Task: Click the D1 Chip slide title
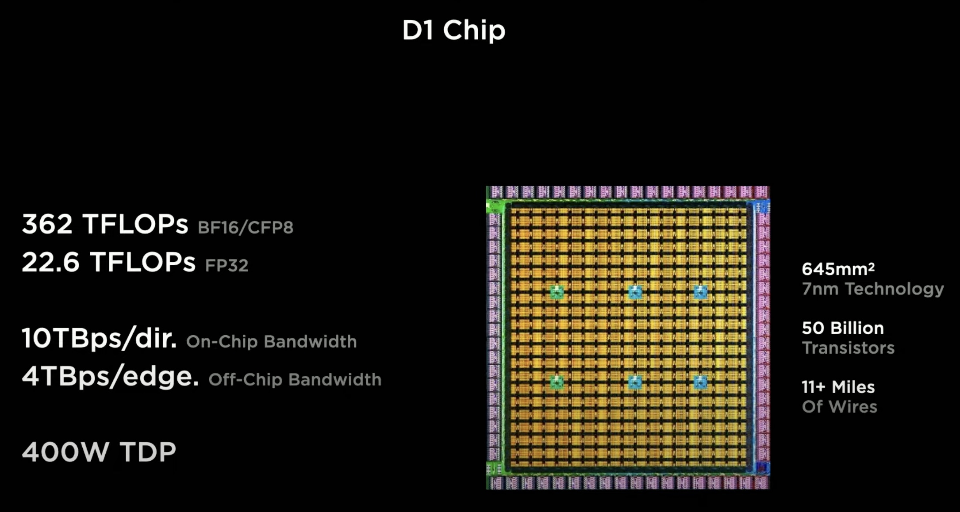point(453,31)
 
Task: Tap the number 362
point(47,224)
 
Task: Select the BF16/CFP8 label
point(245,227)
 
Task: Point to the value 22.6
point(50,262)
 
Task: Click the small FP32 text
point(227,265)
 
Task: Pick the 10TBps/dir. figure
point(99,339)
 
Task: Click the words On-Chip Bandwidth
point(271,342)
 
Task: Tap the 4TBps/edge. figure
point(110,377)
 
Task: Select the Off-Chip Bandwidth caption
point(295,380)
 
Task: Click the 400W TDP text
point(99,452)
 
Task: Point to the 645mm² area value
point(838,269)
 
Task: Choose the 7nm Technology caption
point(873,289)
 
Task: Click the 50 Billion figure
point(843,328)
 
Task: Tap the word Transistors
point(848,348)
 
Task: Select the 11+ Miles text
point(838,387)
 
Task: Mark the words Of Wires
point(839,407)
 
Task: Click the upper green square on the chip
point(557,292)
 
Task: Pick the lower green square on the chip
point(557,382)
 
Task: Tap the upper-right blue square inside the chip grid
point(700,292)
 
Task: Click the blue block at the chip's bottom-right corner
point(762,468)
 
